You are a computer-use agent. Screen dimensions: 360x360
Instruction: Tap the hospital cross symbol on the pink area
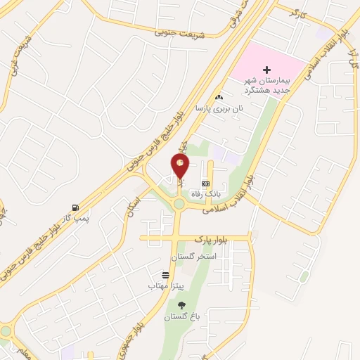(266, 69)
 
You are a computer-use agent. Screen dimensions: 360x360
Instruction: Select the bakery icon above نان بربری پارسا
(220, 97)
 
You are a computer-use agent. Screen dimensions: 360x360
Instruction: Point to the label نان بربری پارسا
(222, 109)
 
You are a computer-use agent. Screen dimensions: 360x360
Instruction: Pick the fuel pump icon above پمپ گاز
(75, 207)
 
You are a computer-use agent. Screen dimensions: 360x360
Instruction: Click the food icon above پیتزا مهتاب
(165, 274)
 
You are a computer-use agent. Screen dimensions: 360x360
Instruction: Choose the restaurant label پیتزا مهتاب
(167, 286)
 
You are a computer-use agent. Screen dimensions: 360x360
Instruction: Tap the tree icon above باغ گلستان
(182, 304)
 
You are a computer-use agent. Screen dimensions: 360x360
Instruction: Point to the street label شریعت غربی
(11, 53)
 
